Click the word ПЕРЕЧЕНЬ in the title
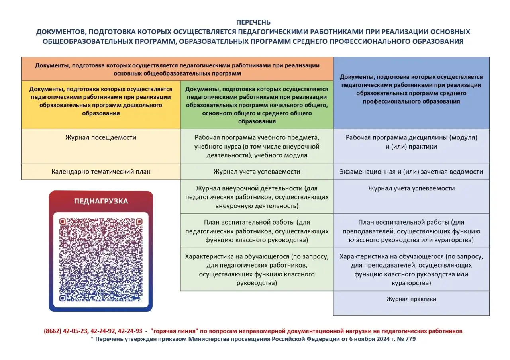(253, 22)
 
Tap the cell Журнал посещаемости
(101, 138)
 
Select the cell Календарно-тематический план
(101, 172)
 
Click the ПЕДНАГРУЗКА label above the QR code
(101, 201)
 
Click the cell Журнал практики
(411, 299)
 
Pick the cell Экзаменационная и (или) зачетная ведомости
(411, 172)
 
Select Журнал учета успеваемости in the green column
(257, 172)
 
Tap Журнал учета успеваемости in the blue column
(411, 188)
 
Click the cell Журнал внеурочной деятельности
(257, 197)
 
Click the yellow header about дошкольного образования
(101, 101)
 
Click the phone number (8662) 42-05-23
(66, 331)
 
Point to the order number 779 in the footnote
(411, 339)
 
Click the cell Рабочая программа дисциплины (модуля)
(411, 142)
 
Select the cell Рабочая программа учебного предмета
(257, 146)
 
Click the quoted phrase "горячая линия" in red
(173, 331)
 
